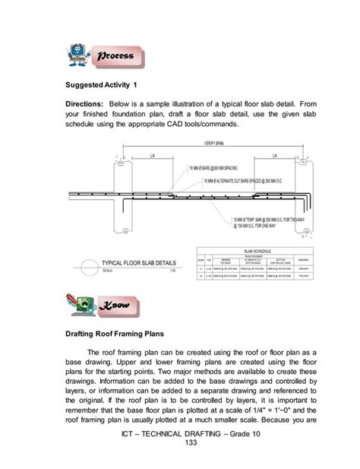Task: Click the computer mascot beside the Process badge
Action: click(x=80, y=54)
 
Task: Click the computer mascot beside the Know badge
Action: click(x=80, y=305)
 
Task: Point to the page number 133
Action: click(x=180, y=454)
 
